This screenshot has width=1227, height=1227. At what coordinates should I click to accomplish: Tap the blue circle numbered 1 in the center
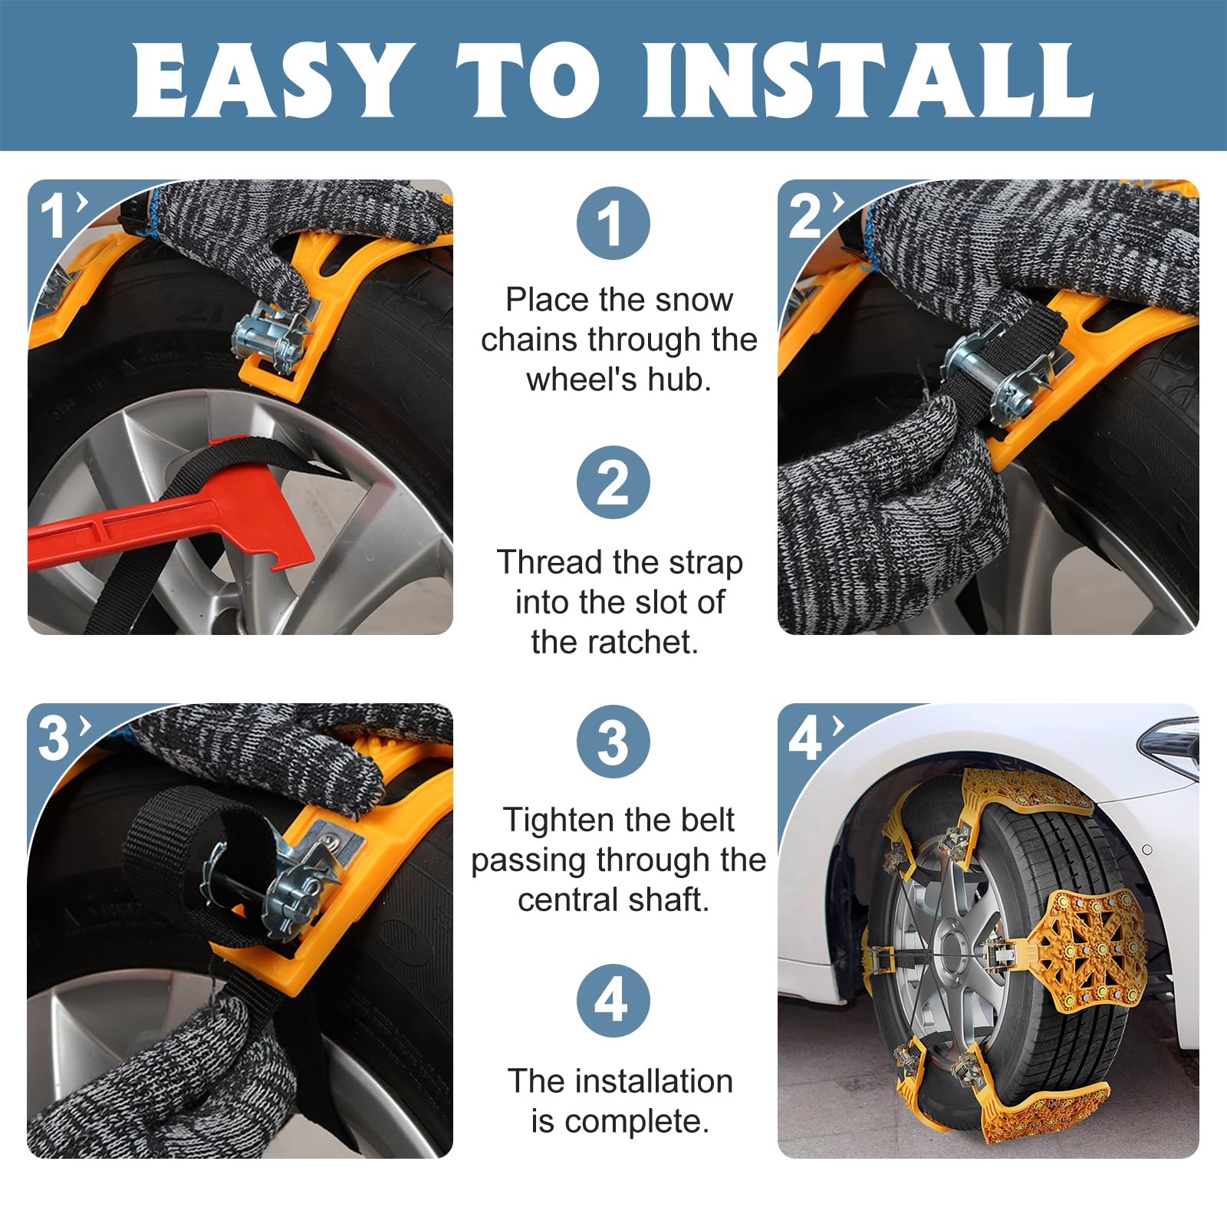point(613,223)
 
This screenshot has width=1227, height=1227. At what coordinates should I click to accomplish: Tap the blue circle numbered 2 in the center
point(613,482)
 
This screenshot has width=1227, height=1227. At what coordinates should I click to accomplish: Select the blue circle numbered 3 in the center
point(613,742)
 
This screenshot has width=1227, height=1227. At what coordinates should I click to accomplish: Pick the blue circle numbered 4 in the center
point(613,1001)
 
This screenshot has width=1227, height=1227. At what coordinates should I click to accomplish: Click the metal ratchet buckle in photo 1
point(276,337)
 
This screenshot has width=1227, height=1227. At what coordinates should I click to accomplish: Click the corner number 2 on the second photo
point(806,217)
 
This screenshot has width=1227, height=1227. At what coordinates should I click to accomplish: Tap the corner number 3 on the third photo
point(54,740)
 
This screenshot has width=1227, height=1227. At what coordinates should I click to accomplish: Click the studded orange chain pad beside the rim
point(1081,951)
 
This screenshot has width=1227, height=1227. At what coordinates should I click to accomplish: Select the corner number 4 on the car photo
point(806,740)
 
